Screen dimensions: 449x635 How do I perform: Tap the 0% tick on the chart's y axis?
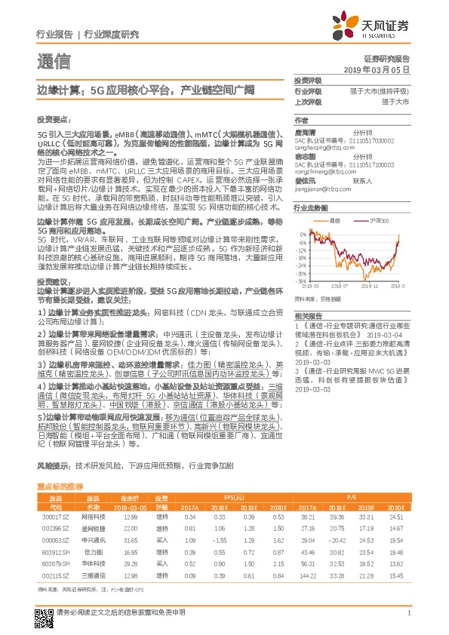click(x=303, y=233)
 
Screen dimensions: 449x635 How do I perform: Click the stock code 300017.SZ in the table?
click(x=55, y=517)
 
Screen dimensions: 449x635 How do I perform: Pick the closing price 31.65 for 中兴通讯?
click(x=130, y=541)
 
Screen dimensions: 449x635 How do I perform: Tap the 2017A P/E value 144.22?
click(x=308, y=577)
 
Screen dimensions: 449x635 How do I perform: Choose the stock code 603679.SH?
click(x=55, y=565)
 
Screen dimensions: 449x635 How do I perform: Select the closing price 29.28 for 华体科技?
click(x=130, y=565)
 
